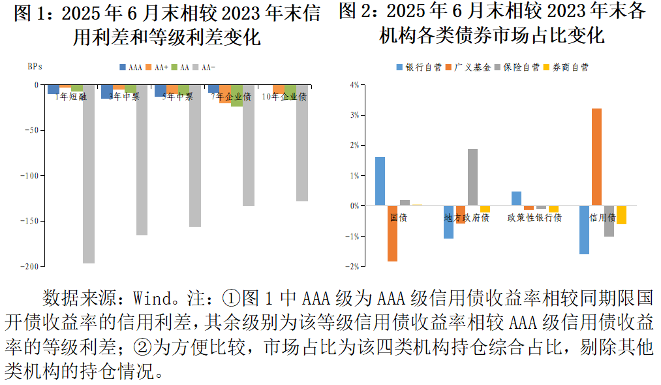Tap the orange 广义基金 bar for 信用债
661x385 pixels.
(x=596, y=157)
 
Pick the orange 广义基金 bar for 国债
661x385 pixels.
(x=392, y=233)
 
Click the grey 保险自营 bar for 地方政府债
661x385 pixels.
(x=472, y=177)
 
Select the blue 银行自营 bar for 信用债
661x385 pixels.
(x=585, y=230)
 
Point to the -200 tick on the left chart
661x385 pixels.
(x=30, y=266)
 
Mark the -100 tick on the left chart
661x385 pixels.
(x=30, y=175)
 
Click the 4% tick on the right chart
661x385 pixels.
(x=354, y=85)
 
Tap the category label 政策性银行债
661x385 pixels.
(x=534, y=217)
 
